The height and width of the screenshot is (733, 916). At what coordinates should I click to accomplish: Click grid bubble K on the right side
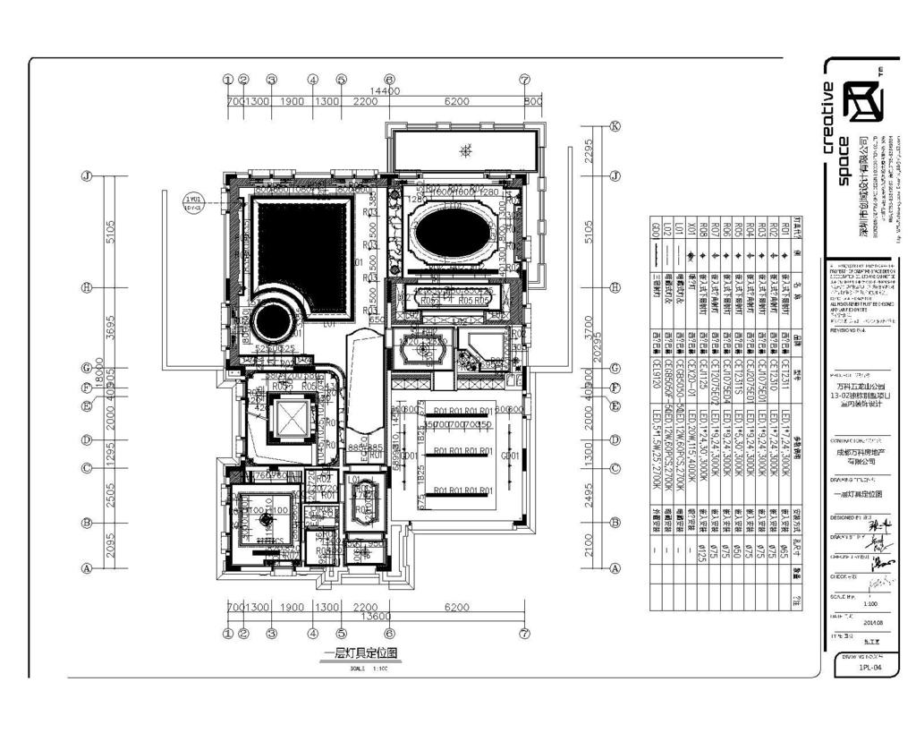(615, 126)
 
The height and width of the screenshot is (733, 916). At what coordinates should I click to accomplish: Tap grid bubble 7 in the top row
(525, 80)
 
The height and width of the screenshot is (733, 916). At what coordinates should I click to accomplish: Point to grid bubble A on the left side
(87, 567)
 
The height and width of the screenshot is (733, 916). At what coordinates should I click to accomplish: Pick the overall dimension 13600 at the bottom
(380, 617)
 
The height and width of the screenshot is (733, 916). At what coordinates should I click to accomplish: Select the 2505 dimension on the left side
(111, 495)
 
